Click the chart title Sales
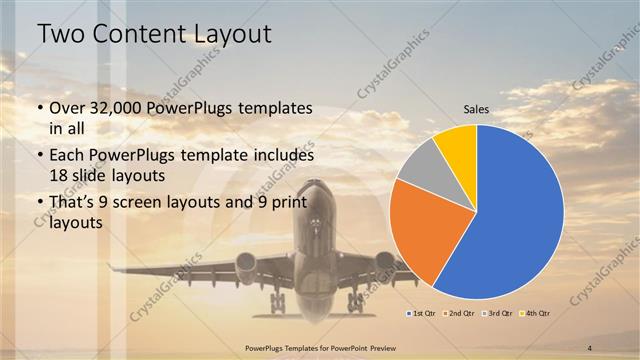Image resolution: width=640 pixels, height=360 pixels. coord(476,111)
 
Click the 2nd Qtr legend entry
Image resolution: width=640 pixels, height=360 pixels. coord(459,313)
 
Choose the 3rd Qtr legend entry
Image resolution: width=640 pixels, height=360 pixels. coord(497,313)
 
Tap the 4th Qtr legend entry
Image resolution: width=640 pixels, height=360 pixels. coord(535,313)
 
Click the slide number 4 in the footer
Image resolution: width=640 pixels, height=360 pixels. coord(590,347)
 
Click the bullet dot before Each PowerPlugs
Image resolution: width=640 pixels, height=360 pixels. coord(40,156)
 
